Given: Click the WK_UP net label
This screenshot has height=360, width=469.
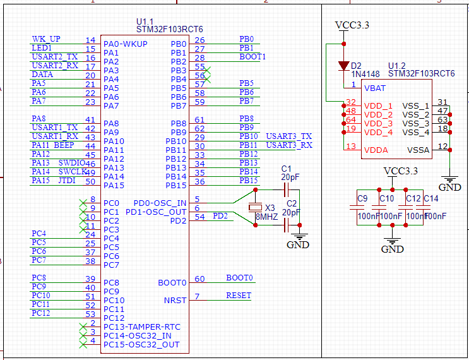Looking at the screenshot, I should [46, 39].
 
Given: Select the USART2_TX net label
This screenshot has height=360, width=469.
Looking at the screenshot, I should [54, 57].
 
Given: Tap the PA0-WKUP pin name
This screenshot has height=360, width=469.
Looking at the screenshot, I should [126, 44].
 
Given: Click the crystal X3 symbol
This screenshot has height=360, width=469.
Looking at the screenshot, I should [254, 208].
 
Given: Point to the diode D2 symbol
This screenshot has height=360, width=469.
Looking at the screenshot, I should [343, 65].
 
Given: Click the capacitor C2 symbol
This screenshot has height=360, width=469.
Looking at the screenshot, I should [287, 224].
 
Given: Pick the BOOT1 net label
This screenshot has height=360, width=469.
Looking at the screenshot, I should [252, 57].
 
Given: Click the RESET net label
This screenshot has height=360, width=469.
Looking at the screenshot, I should [238, 296].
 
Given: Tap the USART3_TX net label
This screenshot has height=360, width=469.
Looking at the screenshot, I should [288, 136].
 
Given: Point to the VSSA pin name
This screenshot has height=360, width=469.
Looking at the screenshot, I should [419, 150].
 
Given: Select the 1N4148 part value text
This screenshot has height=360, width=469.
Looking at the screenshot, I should [365, 74].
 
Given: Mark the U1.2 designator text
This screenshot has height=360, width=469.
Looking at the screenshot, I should [397, 66].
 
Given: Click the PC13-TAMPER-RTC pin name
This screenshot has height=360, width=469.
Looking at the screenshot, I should [141, 327].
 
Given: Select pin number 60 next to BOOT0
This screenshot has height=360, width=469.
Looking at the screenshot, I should [199, 279].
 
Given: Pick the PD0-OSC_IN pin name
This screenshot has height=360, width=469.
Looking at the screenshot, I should [160, 203].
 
